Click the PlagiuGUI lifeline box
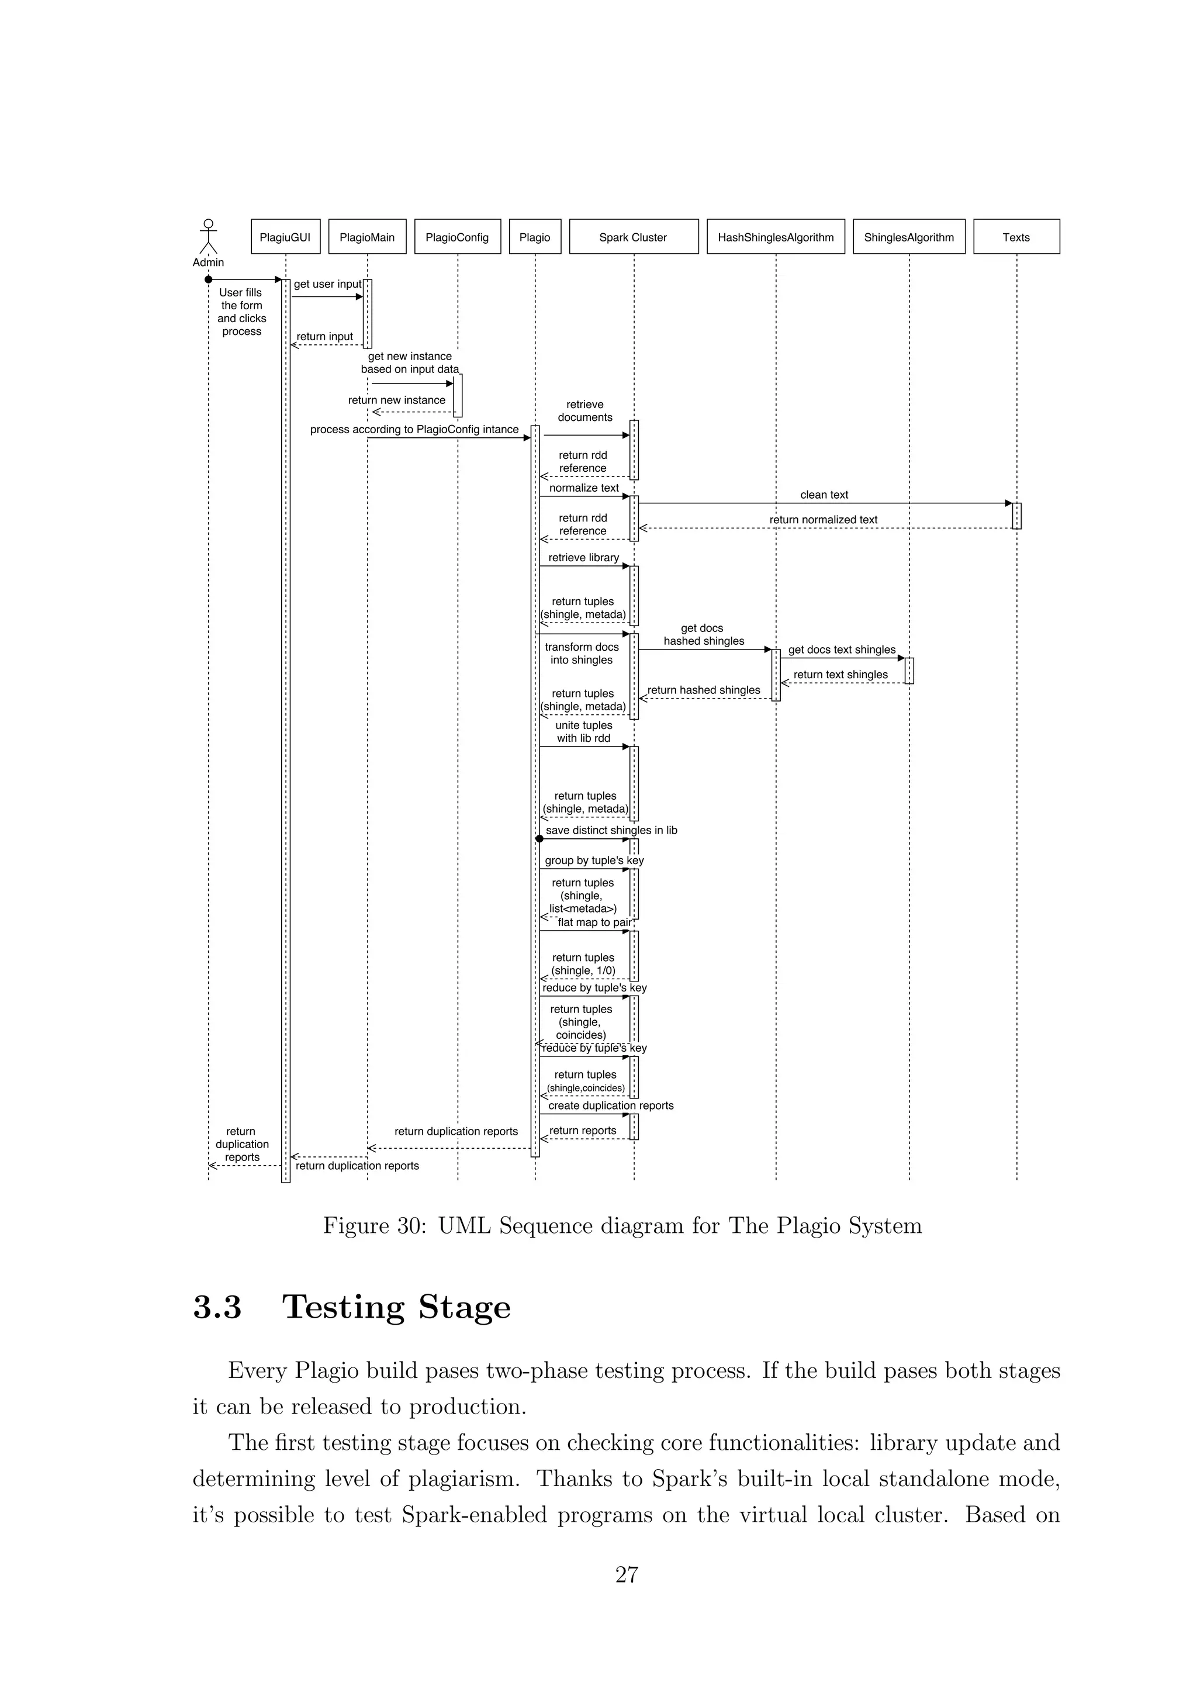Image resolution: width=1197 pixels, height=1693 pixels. (285, 237)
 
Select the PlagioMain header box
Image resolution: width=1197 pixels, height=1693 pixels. (367, 237)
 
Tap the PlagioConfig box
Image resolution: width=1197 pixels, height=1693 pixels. (457, 237)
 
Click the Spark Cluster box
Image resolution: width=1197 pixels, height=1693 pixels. (633, 237)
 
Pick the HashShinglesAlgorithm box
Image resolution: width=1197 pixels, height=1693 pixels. (776, 237)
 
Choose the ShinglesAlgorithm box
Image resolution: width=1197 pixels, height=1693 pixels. (909, 237)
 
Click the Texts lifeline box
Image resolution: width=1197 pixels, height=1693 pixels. (1016, 237)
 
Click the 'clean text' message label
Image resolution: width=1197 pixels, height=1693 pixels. (824, 495)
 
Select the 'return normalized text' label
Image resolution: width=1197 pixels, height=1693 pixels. (824, 520)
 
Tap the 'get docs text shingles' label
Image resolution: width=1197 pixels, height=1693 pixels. (842, 649)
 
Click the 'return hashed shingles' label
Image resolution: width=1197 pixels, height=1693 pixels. (703, 690)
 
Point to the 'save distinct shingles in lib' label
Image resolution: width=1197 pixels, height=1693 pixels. (611, 830)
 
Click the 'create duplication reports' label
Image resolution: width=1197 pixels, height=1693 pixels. (610, 1105)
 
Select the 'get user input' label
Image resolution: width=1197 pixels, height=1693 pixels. (327, 284)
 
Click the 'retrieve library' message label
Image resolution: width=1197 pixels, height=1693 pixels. (583, 558)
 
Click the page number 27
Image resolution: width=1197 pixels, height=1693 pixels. (627, 1574)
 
